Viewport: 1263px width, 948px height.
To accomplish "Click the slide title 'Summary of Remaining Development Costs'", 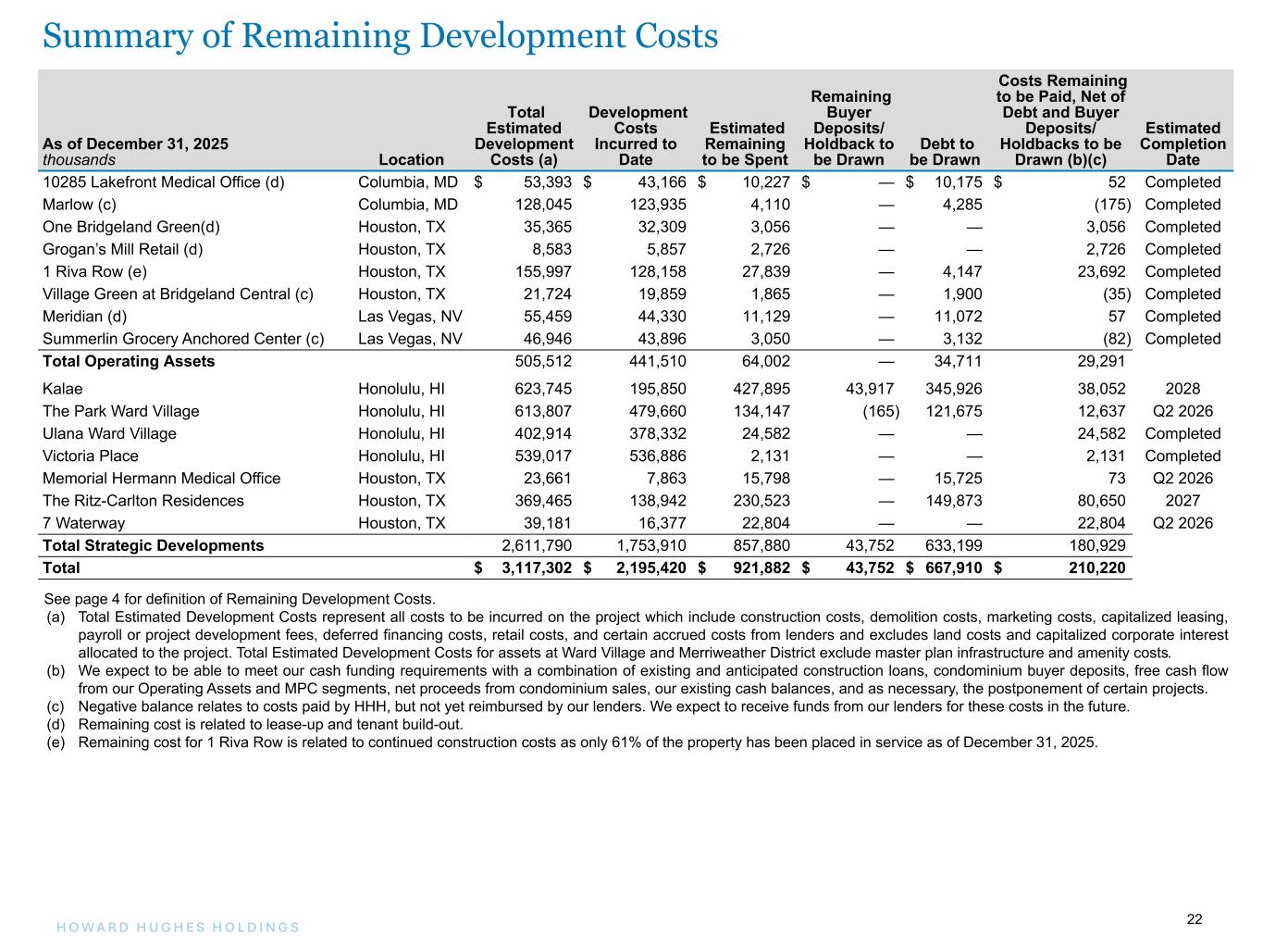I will click(x=380, y=37).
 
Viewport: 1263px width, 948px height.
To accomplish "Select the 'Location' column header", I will click(x=412, y=160).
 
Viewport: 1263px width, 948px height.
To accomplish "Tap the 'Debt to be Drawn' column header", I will click(x=944, y=152).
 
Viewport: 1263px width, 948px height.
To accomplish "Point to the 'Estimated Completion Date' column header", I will click(x=1183, y=143).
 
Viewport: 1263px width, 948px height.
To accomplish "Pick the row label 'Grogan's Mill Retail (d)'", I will click(x=122, y=249).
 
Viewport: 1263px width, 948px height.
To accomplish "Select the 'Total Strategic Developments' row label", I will click(x=153, y=545).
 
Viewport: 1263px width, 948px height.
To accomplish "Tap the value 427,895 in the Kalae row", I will click(x=759, y=389).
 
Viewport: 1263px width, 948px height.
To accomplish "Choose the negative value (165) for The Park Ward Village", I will click(x=873, y=411).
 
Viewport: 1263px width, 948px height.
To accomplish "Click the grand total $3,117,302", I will click(x=536, y=568).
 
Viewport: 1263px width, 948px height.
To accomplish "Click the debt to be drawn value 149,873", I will click(x=954, y=501).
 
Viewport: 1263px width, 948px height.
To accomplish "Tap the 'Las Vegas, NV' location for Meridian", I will click(x=409, y=316).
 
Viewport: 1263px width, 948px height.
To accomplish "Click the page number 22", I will click(x=1195, y=919).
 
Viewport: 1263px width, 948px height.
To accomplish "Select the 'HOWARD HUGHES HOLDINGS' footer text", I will click(x=171, y=927).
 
